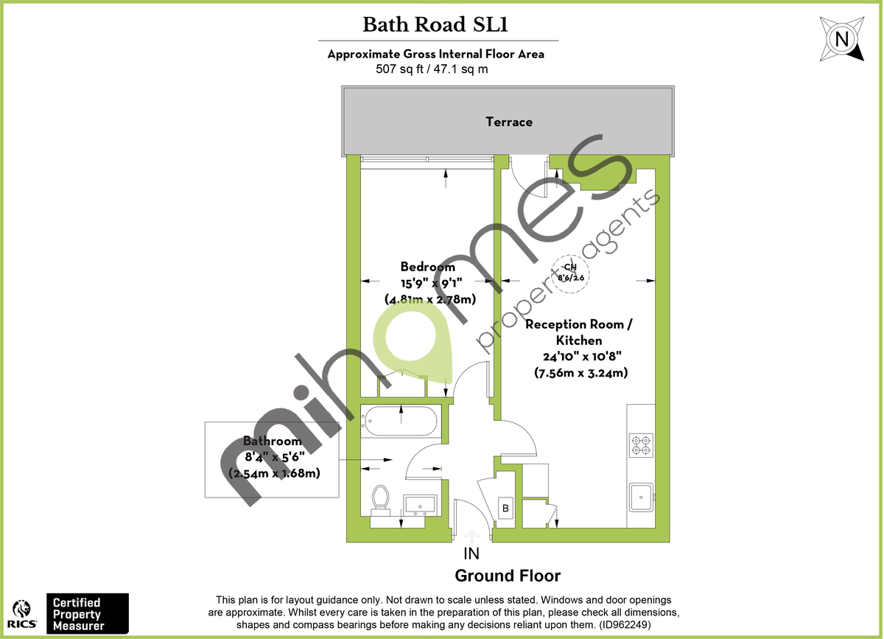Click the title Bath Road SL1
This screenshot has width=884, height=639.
pyautogui.click(x=437, y=25)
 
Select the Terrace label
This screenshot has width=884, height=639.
pyautogui.click(x=508, y=122)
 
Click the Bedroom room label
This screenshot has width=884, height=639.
pyautogui.click(x=427, y=267)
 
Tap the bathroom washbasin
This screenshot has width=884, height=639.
pyautogui.click(x=421, y=504)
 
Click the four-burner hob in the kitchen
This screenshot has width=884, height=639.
pyautogui.click(x=640, y=444)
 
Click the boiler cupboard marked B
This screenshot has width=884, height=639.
pyautogui.click(x=506, y=509)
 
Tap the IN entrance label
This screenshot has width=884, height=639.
pyautogui.click(x=471, y=554)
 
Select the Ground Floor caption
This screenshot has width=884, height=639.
pyautogui.click(x=508, y=576)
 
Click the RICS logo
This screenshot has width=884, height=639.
pyautogui.click(x=22, y=613)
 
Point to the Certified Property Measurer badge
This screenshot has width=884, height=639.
pyautogui.click(x=87, y=613)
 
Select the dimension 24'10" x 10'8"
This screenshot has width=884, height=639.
pyautogui.click(x=580, y=357)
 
